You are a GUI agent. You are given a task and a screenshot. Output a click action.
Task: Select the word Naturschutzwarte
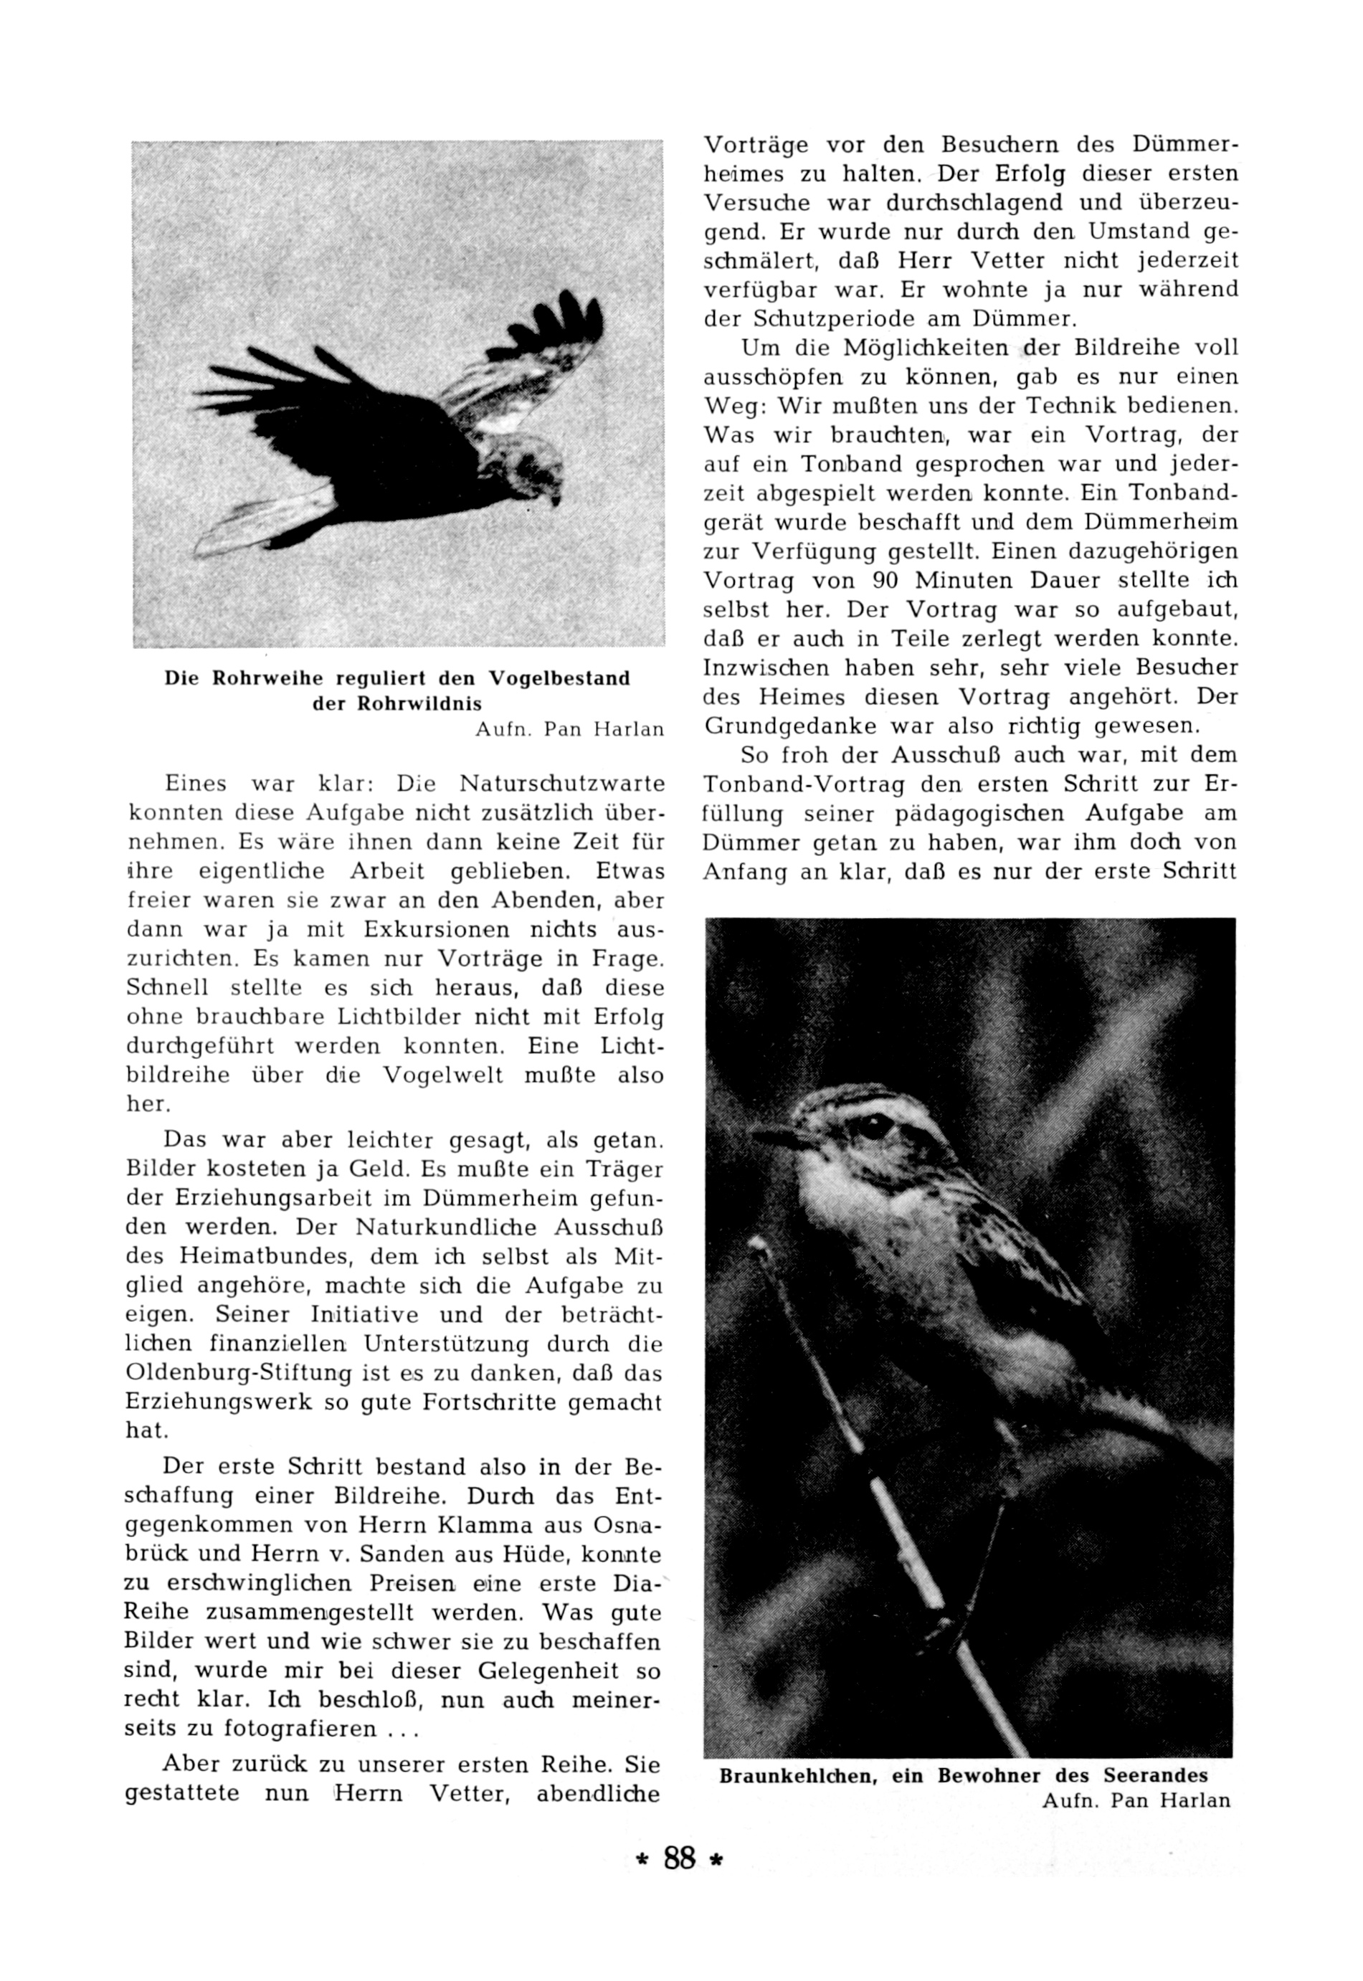(562, 783)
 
